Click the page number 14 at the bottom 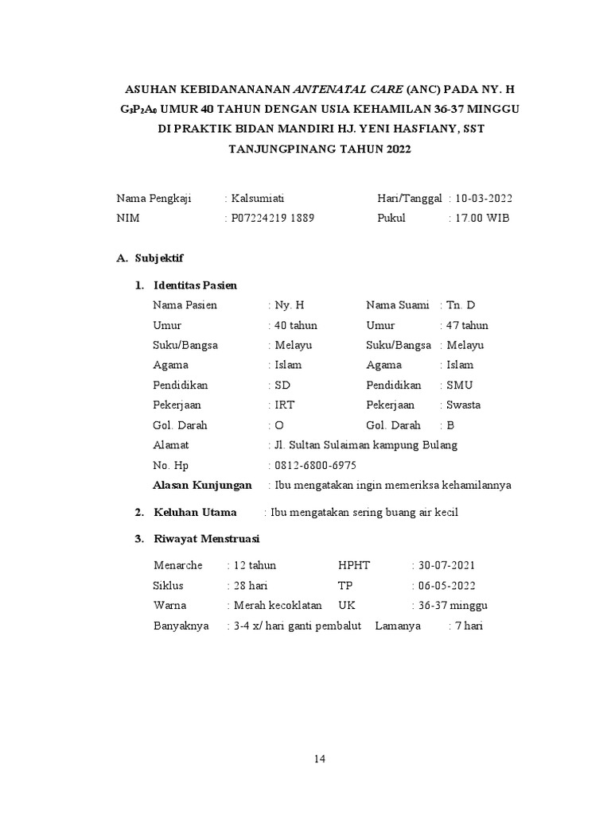(319, 759)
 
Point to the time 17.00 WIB (483, 218)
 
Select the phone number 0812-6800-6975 (315, 465)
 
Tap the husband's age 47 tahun (468, 325)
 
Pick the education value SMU (460, 385)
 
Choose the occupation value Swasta (464, 405)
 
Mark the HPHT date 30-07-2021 (446, 565)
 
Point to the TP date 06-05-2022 (446, 585)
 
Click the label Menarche (178, 565)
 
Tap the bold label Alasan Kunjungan (202, 485)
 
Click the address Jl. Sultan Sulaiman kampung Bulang (365, 445)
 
